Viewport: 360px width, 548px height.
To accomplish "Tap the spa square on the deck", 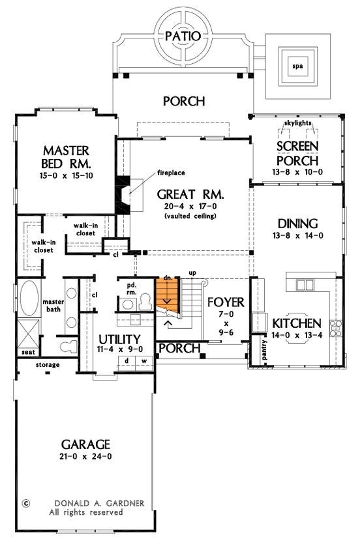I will click(297, 66).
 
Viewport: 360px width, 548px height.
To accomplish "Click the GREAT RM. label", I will click(191, 194).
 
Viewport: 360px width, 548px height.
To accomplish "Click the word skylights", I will click(298, 123).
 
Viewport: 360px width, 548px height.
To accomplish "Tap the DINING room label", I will click(297, 223).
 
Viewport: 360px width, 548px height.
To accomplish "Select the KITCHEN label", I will click(296, 323).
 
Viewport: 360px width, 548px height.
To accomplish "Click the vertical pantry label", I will click(265, 350).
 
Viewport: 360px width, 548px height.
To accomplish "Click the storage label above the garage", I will click(48, 365).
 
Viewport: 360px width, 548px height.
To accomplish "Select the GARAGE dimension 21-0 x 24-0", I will click(82, 457).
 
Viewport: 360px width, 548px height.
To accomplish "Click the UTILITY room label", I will click(119, 339).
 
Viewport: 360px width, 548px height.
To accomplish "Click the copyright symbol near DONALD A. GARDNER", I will click(26, 503).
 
